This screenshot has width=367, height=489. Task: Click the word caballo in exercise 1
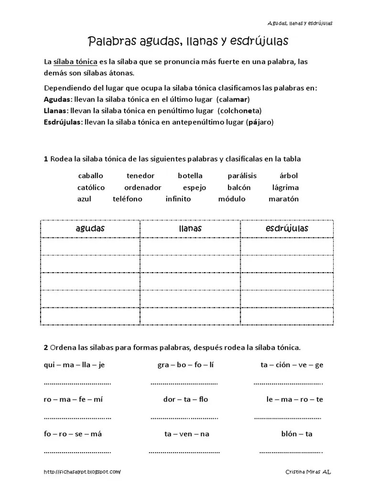[90, 176]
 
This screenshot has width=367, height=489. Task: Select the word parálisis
[242, 176]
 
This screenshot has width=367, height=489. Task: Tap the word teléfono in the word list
[128, 199]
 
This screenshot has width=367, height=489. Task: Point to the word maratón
[283, 199]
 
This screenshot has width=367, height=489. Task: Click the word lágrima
[285, 187]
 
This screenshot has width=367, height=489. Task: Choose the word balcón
[238, 187]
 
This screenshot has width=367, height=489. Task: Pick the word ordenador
[143, 187]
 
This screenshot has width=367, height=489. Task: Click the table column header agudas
[90, 229]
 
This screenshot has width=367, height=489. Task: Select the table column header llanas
[190, 229]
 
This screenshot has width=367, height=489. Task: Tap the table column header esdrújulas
[287, 229]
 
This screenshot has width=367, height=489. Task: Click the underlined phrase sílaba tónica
[75, 63]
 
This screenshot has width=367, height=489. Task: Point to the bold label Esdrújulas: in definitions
[63, 122]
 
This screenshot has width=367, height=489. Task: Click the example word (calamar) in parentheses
[233, 99]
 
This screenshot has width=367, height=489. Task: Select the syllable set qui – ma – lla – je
[74, 365]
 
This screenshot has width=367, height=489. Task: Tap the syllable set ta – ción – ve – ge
[292, 365]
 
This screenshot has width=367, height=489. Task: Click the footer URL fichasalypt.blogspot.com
[82, 472]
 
